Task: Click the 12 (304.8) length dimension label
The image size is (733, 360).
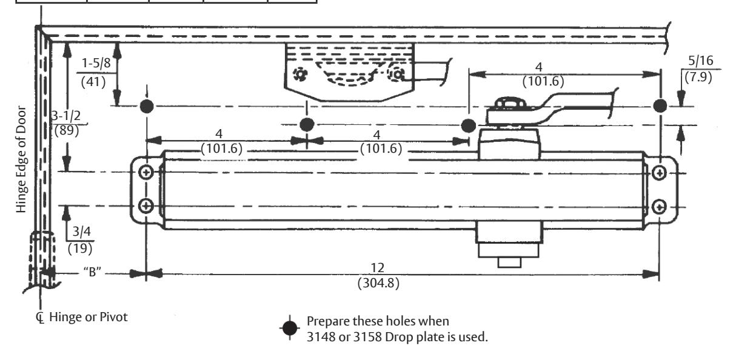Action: coord(378,276)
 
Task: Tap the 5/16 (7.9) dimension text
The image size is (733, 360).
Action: coord(700,69)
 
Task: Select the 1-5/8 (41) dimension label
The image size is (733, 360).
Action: coord(95,72)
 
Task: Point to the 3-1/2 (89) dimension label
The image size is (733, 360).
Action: coord(66,123)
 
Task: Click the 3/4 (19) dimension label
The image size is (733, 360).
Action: coord(81,241)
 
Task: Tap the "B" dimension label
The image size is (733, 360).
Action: coord(92,272)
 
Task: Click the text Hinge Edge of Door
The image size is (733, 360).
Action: coord(21,159)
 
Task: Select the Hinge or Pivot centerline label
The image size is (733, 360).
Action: coord(82,317)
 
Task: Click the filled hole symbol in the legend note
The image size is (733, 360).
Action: coord(290,328)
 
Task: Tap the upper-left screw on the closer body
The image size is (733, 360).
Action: coord(146,172)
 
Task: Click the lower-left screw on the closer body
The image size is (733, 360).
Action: coord(146,206)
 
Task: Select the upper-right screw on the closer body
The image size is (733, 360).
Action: coord(659,173)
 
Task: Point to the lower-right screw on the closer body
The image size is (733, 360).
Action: coord(659,207)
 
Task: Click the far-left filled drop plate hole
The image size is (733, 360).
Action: coord(147,106)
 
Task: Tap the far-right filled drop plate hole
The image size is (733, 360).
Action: coord(660,105)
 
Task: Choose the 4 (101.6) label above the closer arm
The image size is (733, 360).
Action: coord(543,75)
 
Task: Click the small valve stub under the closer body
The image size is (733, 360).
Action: coord(509,262)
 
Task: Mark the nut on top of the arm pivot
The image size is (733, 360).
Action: coord(509,102)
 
